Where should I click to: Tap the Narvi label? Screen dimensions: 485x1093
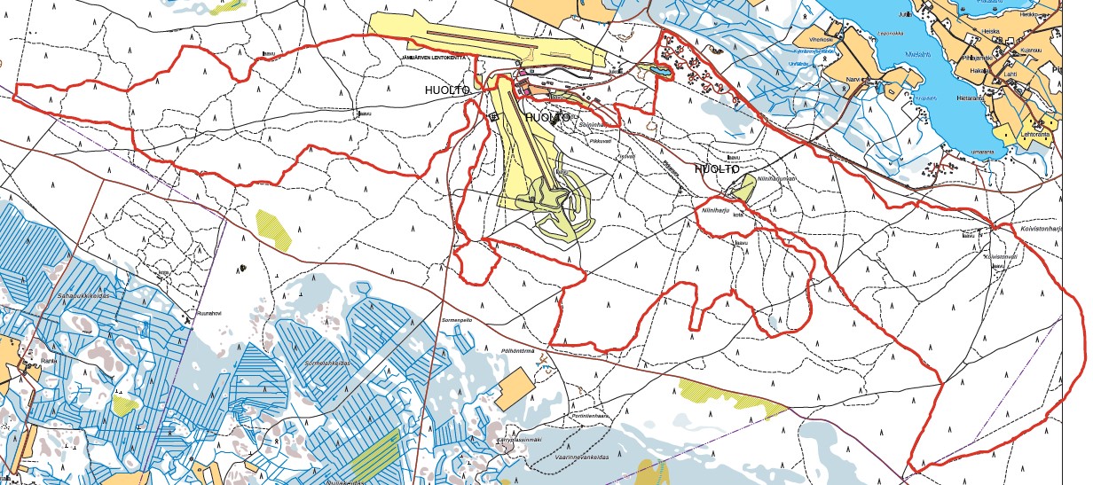click(855, 78)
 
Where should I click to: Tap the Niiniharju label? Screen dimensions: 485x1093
click(714, 211)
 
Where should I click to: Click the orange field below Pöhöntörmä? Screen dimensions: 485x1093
click(515, 388)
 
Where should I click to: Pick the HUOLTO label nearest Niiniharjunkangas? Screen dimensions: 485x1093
click(717, 168)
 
